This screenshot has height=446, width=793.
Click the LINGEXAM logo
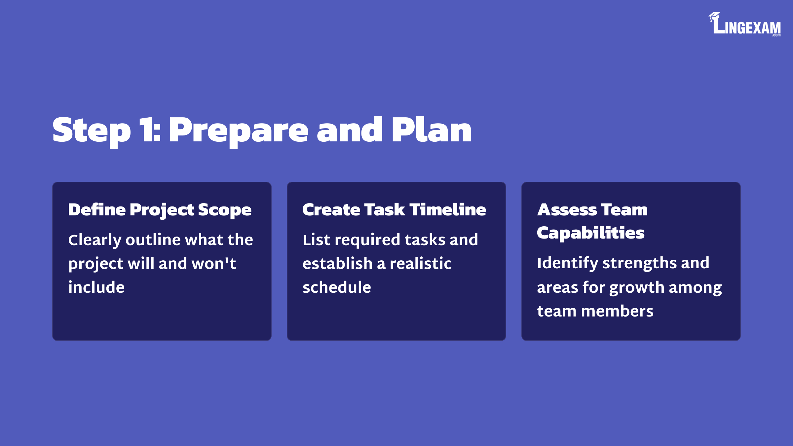744,24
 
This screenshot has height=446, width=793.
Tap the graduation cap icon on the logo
714,17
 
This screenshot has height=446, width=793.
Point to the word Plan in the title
432,130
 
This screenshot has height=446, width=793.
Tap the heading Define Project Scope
160,210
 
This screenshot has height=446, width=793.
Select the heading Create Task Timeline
394,210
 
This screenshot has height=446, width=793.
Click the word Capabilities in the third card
590,233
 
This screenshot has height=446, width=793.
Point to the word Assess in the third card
567,210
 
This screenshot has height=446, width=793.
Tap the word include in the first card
96,287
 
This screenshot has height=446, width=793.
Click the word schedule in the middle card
337,287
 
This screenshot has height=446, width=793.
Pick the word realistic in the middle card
421,263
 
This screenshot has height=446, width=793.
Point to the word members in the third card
617,311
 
